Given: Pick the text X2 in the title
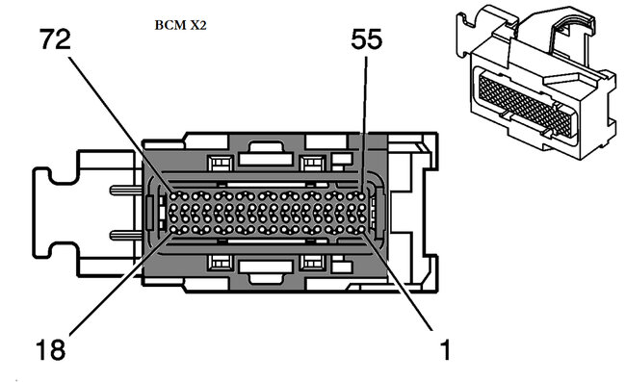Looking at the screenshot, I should coord(196,28).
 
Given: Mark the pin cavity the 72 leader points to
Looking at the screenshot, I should coord(173,195).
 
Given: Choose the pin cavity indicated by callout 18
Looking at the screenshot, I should coord(173,229).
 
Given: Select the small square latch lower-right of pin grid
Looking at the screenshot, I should coord(313,262).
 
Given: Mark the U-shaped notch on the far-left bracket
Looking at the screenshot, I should coord(43,213).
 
